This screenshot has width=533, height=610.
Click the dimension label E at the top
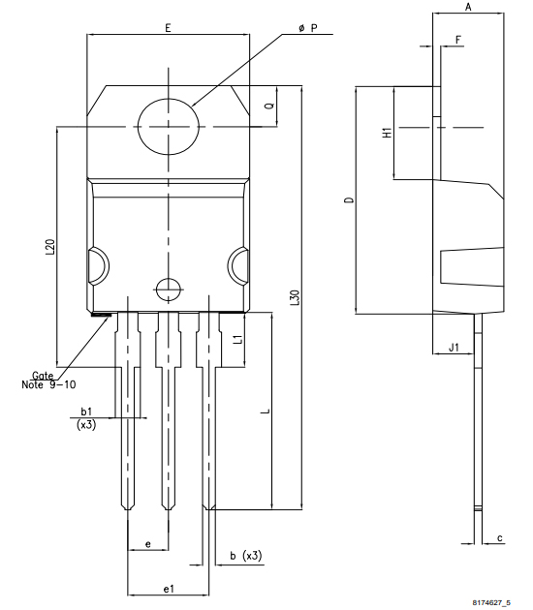pyautogui.click(x=168, y=29)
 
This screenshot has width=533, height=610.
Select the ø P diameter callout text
pyautogui.click(x=308, y=29)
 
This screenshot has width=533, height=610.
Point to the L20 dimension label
pyautogui.click(x=49, y=247)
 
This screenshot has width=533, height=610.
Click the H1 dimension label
pyautogui.click(x=386, y=133)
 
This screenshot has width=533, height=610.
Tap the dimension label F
pyautogui.click(x=457, y=39)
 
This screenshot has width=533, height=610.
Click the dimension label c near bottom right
pyautogui.click(x=499, y=537)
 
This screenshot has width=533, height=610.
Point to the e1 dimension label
pyautogui.click(x=168, y=587)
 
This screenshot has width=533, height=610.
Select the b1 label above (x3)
pyautogui.click(x=86, y=412)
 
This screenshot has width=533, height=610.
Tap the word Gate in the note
pyautogui.click(x=43, y=375)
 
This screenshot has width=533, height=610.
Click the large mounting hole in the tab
pyautogui.click(x=168, y=127)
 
